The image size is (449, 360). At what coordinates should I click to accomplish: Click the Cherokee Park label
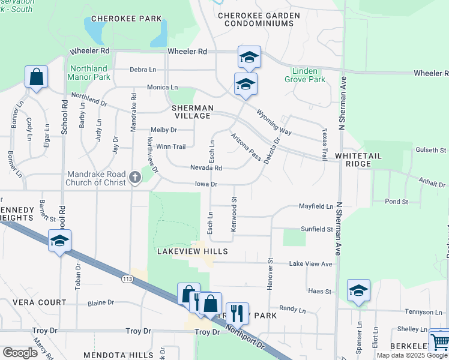pyautogui.click(x=126, y=19)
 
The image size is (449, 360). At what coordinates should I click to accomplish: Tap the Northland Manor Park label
pyautogui.click(x=89, y=73)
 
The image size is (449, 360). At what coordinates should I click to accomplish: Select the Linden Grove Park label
pyautogui.click(x=305, y=75)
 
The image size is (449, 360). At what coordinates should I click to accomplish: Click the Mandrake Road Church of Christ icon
pyautogui.click(x=134, y=178)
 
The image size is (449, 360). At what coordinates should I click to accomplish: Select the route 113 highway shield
pyautogui.click(x=127, y=278)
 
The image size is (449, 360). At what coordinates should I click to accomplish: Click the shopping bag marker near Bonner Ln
pyautogui.click(x=36, y=77)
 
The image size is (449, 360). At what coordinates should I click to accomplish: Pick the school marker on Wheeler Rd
pyautogui.click(x=249, y=57)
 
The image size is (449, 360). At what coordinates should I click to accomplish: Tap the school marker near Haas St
pyautogui.click(x=358, y=291)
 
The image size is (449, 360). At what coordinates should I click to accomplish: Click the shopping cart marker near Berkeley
pyautogui.click(x=440, y=341)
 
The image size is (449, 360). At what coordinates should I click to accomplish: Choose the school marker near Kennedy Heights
pyautogui.click(x=59, y=241)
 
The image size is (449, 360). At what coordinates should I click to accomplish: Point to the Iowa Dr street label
pyautogui.click(x=206, y=184)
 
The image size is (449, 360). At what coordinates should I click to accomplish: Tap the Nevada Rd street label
pyautogui.click(x=206, y=168)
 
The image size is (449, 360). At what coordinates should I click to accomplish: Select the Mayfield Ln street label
pyautogui.click(x=316, y=206)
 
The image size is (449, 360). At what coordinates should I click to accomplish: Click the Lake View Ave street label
pyautogui.click(x=310, y=263)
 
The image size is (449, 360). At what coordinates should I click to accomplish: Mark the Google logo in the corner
pyautogui.click(x=20, y=353)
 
